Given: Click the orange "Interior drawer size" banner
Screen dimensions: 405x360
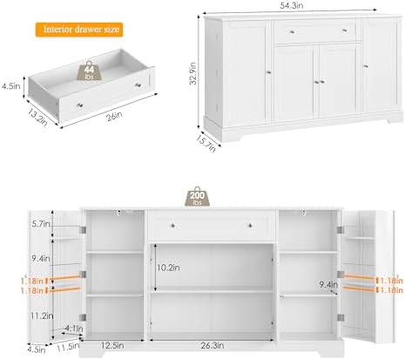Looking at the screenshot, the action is click(x=79, y=30).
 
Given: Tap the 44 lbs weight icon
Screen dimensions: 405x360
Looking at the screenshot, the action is click(x=89, y=71).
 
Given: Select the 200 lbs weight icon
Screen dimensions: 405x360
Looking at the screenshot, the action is click(x=198, y=197).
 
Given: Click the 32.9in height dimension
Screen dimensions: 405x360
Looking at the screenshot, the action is click(x=193, y=73).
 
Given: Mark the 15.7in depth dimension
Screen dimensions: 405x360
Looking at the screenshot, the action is click(x=206, y=143).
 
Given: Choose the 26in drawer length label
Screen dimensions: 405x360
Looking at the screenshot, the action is click(x=114, y=116).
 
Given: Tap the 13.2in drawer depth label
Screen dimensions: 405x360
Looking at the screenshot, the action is click(x=37, y=117).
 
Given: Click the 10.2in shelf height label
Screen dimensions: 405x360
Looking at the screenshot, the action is click(x=168, y=268).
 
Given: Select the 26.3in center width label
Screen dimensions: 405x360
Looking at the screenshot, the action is click(x=213, y=345).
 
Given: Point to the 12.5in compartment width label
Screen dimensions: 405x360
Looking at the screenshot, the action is click(x=112, y=345).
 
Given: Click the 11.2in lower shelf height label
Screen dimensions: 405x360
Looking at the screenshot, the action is click(x=42, y=316).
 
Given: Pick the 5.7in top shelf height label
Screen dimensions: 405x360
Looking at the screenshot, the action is click(x=41, y=224).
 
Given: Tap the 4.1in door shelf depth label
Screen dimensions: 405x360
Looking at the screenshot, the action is click(x=74, y=329).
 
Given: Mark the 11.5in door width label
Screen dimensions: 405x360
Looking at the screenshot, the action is click(x=68, y=347).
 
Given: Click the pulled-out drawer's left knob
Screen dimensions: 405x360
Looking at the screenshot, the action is click(x=80, y=105).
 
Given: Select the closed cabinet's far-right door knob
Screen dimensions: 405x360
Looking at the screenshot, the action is click(x=366, y=66).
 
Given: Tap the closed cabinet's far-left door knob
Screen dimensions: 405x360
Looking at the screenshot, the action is click(x=268, y=72).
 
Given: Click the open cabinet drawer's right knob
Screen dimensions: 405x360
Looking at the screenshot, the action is click(x=250, y=226).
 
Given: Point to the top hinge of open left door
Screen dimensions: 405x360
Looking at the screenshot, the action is click(x=83, y=230).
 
